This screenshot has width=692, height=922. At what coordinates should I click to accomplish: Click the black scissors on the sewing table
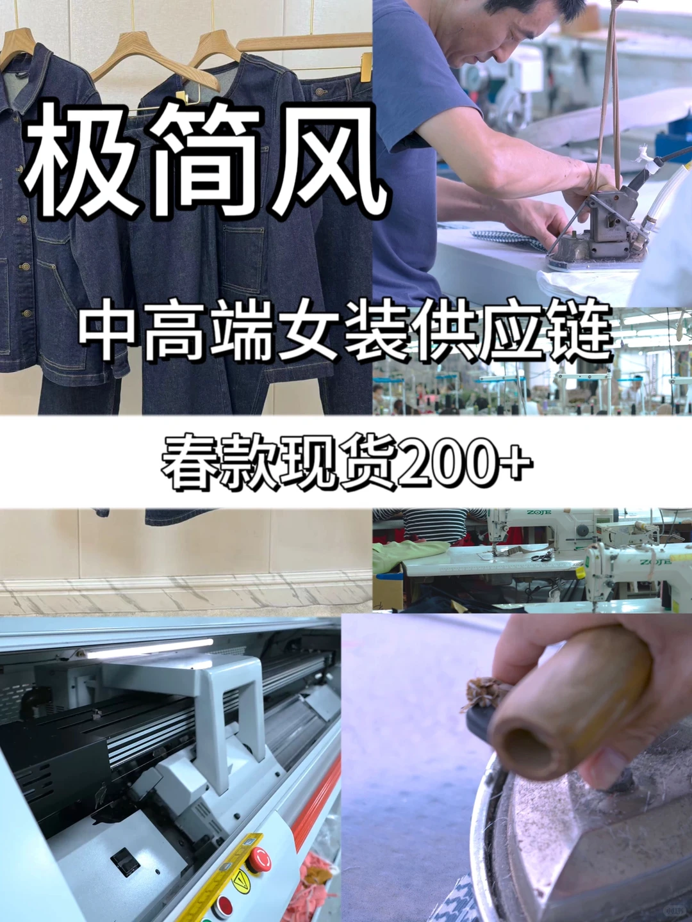pos(542,558)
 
